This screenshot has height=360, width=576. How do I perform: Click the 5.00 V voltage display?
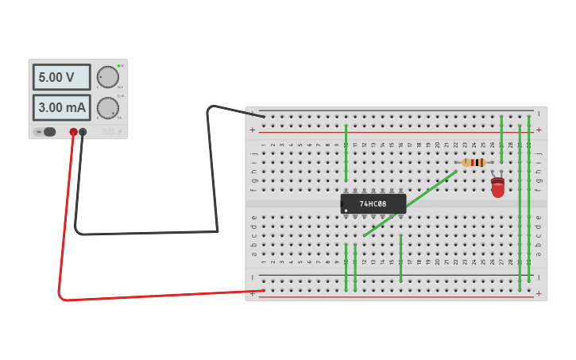click(x=61, y=77)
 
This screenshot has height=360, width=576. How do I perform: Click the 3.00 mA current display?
click(x=61, y=107)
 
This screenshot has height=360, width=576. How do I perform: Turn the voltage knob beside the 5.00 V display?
click(x=107, y=77)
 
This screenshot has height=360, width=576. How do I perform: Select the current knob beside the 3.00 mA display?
click(x=107, y=107)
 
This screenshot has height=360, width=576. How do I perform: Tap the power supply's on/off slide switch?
click(x=48, y=132)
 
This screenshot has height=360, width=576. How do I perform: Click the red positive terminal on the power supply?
click(x=73, y=132)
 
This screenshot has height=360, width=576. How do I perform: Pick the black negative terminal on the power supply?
click(x=83, y=132)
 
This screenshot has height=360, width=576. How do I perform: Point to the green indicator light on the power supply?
click(x=119, y=65)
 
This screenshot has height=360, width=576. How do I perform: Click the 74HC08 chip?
click(x=373, y=204)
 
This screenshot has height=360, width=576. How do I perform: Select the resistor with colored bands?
click(x=474, y=162)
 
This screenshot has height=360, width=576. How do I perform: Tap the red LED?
click(x=497, y=188)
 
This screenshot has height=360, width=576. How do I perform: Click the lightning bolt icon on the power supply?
click(x=120, y=132)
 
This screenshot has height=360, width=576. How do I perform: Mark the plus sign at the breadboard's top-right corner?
click(x=538, y=129)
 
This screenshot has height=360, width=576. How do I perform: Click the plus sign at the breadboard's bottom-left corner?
click(x=253, y=293)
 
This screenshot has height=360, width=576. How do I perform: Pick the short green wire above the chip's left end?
click(x=346, y=153)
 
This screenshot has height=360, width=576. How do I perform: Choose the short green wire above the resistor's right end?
click(x=501, y=139)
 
